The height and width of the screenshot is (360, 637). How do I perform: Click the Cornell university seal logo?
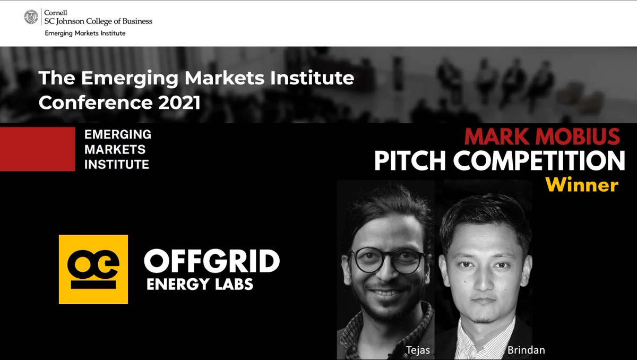pyautogui.click(x=31, y=18)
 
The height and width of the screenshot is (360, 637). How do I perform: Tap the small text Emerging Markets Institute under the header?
pyautogui.click(x=85, y=33)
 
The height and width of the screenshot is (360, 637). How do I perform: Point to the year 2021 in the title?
pyautogui.click(x=179, y=102)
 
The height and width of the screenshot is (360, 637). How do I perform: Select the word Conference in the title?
pyautogui.click(x=95, y=102)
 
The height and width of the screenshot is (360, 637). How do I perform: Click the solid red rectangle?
pyautogui.click(x=37, y=149)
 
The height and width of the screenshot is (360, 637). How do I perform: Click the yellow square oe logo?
pyautogui.click(x=93, y=269)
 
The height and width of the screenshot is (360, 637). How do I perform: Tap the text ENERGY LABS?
pyautogui.click(x=200, y=284)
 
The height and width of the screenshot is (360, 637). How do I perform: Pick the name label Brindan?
pyautogui.click(x=526, y=350)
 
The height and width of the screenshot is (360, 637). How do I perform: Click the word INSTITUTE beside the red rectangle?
pyautogui.click(x=117, y=165)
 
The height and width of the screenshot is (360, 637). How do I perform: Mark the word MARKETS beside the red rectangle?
pyautogui.click(x=115, y=150)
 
